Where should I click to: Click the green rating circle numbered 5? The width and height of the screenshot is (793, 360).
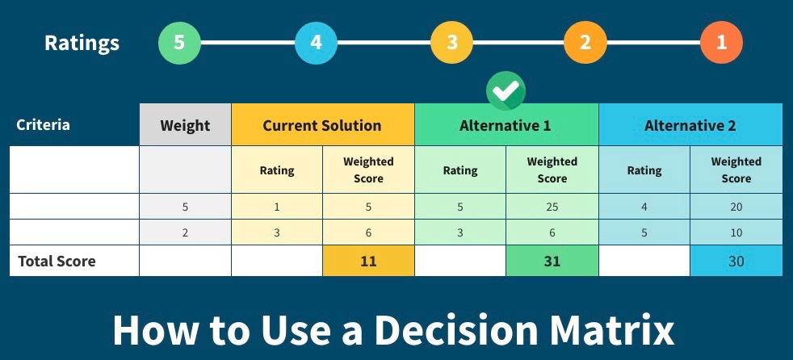179,43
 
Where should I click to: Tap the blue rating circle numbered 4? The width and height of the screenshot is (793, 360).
316,43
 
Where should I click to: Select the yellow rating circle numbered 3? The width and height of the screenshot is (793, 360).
451,43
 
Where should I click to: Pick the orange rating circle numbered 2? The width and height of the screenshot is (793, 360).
585,43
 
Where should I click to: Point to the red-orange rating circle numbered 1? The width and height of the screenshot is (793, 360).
722,43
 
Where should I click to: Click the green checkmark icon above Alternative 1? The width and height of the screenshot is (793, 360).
506,91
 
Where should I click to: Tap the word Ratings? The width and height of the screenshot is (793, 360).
82,44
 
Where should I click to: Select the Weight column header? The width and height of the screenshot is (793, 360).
185,125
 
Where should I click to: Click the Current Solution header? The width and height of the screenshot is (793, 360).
323,125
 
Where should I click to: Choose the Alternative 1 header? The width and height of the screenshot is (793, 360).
506,125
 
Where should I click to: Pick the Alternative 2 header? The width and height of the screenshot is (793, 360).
690,125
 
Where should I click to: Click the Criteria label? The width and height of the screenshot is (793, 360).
43,125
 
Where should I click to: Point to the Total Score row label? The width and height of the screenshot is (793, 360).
57,262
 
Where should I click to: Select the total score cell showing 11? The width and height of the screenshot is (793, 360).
368,261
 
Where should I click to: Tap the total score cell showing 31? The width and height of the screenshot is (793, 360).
552,261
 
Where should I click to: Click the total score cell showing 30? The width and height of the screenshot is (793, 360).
736,261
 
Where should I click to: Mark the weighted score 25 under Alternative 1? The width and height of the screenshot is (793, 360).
552,207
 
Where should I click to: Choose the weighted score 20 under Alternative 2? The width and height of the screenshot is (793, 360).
736,207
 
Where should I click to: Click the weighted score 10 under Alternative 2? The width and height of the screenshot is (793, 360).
736,232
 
